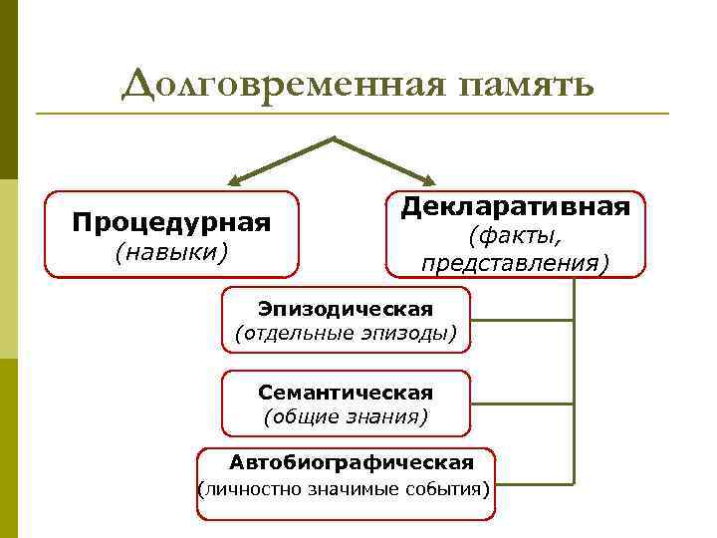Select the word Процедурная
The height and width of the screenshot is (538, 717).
(171, 220)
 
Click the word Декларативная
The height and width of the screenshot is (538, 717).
(515, 206)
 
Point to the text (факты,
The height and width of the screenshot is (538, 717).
(515, 236)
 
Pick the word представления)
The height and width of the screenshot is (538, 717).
(515, 263)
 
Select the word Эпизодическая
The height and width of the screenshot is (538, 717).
(346, 307)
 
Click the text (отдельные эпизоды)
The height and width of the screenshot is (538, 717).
(346, 332)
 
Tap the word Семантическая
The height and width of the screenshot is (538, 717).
(346, 392)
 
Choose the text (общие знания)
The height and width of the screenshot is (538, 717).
(346, 416)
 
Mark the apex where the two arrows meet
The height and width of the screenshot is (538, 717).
(335, 137)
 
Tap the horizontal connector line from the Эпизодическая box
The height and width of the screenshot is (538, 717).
(522, 320)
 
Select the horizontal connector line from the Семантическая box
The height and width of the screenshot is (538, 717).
(522, 404)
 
